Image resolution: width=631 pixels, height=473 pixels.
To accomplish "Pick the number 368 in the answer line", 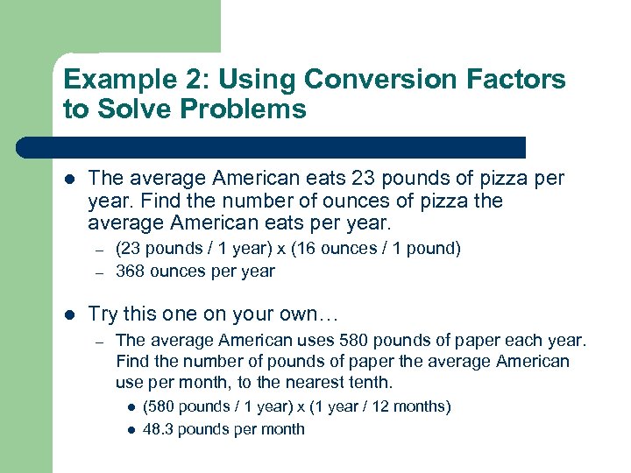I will coord(130,271).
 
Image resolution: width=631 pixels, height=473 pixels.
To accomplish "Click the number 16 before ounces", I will coord(315,248).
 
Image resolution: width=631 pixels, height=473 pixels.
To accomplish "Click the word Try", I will coord(103,314).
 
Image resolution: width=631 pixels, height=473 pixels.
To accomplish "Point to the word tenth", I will coord(372,383).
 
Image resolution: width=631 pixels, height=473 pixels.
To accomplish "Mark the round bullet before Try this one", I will coord(70,314).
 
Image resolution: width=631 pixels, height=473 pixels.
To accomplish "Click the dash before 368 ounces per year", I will coord(101,272).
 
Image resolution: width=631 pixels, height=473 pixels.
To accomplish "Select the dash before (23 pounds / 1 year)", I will coord(101,249).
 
